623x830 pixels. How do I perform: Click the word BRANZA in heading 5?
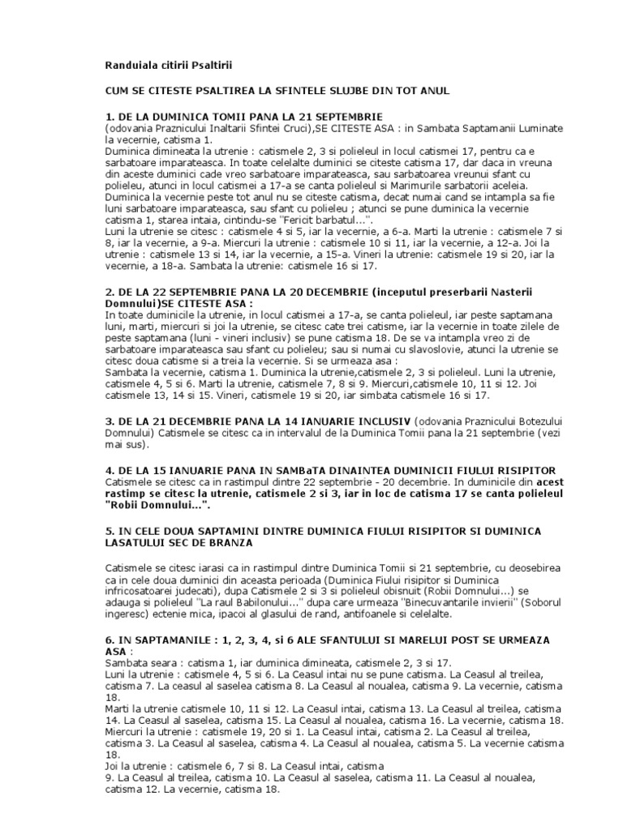pyautogui.click(x=230, y=541)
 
